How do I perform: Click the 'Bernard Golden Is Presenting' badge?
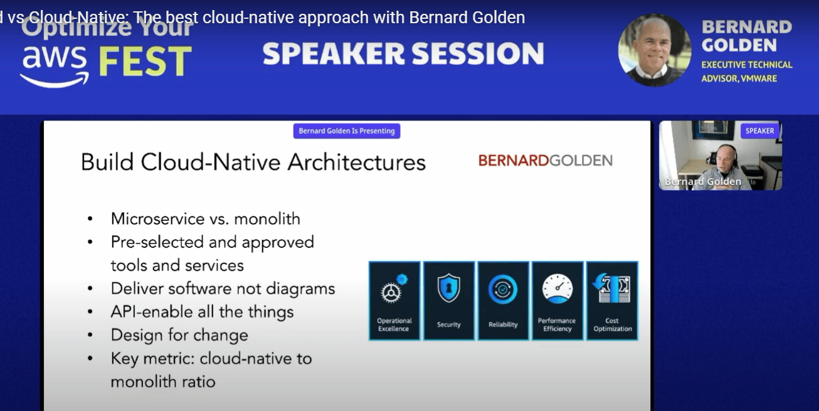[x=347, y=131]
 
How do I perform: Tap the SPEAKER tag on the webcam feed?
[x=759, y=131]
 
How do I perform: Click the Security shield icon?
[x=448, y=288]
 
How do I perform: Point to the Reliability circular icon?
[x=503, y=289]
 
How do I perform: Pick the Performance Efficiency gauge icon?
[x=557, y=289]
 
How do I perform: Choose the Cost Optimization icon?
[x=611, y=289]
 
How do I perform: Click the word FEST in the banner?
[x=145, y=61]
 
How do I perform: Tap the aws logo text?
[x=54, y=58]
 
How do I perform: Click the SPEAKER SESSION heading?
[x=403, y=53]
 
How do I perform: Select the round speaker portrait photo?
[x=655, y=50]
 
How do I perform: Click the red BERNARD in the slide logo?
[x=514, y=160]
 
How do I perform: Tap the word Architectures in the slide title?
[x=356, y=162]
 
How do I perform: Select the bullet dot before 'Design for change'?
[x=90, y=335]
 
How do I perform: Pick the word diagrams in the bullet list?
[x=300, y=289]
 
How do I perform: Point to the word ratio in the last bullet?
[x=199, y=382]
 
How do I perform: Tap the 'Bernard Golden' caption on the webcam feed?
[x=703, y=181]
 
